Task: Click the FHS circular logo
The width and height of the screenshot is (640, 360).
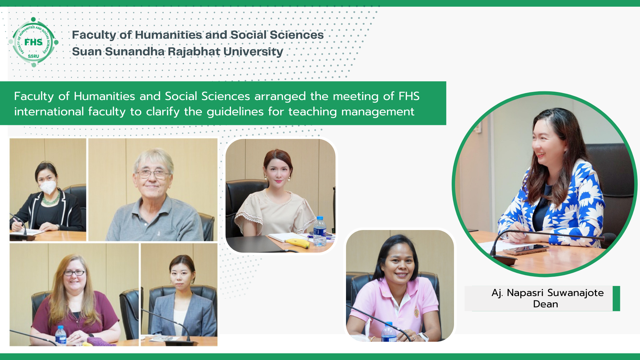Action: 33,42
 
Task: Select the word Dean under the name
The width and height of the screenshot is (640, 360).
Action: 545,304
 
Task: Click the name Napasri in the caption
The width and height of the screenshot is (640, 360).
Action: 525,293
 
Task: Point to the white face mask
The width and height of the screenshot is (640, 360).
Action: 48,187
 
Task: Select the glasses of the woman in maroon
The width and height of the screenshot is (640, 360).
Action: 74,273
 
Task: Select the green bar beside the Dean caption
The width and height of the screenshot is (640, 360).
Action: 616,298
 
